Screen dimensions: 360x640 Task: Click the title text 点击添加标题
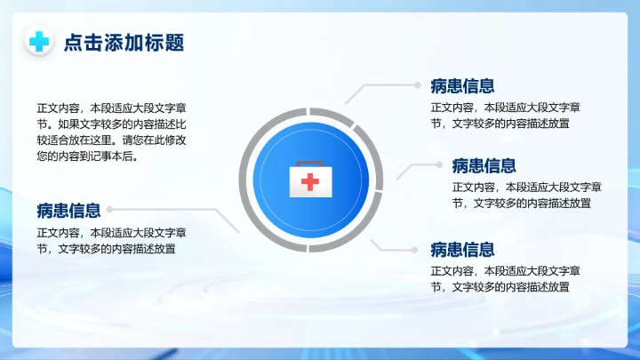click(124, 43)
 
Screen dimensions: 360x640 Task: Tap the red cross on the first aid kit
click(309, 182)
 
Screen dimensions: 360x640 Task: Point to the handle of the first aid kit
click(309, 164)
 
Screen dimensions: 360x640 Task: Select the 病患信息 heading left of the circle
click(68, 211)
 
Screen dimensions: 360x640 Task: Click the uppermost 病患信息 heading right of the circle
click(462, 85)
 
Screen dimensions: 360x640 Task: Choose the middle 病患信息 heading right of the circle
click(484, 165)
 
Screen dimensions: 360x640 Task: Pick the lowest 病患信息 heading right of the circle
click(462, 249)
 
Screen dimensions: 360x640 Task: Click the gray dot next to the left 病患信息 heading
click(109, 211)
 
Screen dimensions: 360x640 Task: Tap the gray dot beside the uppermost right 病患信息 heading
click(420, 85)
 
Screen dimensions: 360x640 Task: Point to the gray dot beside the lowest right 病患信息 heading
click(420, 249)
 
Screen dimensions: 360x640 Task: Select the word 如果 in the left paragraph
click(68, 124)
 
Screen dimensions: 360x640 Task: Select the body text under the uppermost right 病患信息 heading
click(506, 116)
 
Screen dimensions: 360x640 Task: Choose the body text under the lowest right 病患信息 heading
click(506, 279)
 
